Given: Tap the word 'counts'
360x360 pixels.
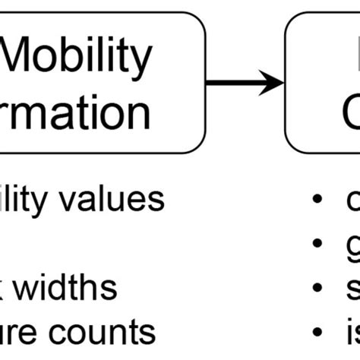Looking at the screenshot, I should coord(107,332).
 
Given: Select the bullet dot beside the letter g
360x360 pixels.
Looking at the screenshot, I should coord(316,245).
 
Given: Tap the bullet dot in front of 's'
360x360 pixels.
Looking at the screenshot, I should coord(316,289).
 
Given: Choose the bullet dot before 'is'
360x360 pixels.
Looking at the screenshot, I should coord(316,333).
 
